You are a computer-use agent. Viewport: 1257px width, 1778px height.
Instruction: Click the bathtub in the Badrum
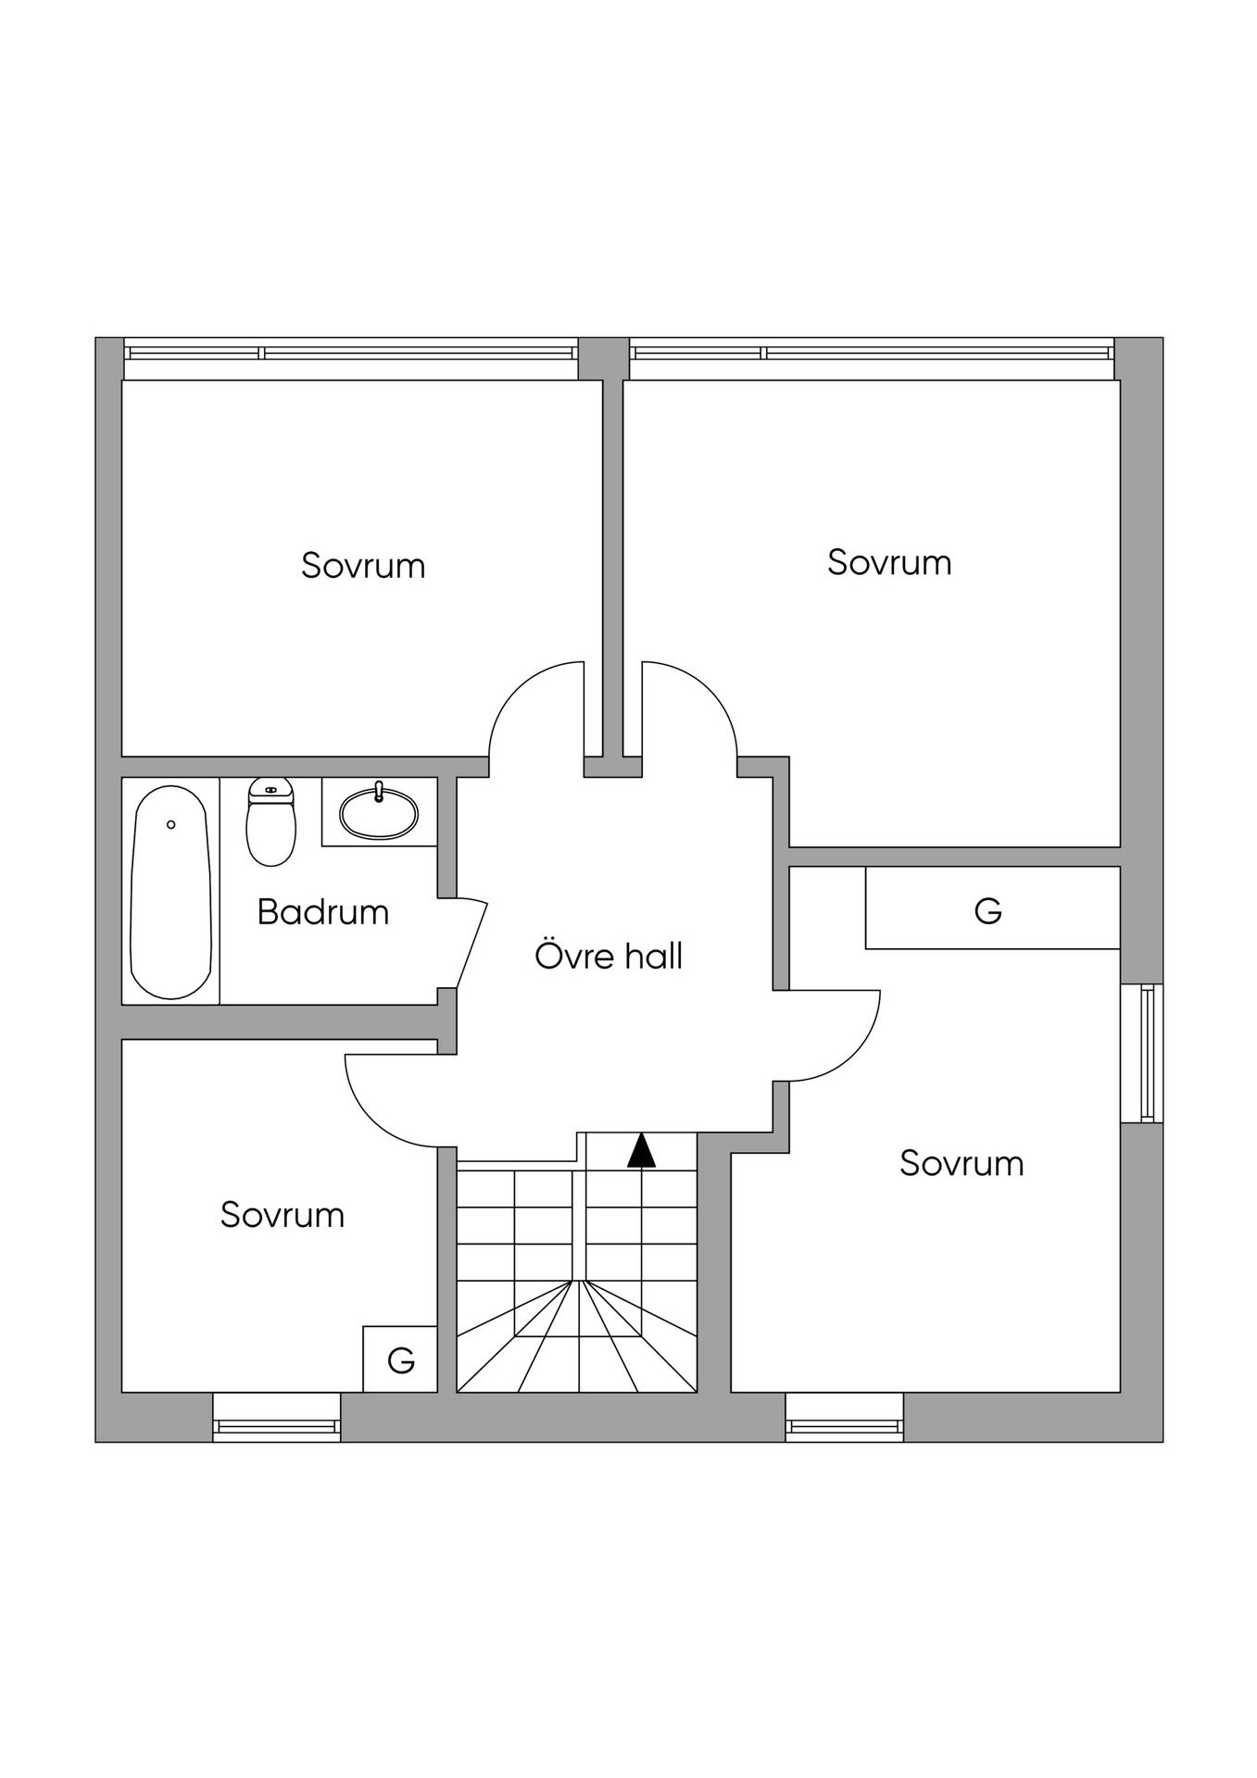coord(170,892)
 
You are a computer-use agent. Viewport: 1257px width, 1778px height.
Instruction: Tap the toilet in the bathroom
coord(270,821)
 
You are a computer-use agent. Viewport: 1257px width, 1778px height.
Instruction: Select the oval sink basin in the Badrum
coord(379,813)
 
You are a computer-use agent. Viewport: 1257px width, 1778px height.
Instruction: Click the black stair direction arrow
coord(641,1150)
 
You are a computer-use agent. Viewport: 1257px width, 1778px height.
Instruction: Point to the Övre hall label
coord(609,956)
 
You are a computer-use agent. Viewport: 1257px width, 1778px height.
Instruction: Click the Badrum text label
coord(322,913)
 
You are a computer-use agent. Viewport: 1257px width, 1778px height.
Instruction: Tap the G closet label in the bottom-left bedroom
coord(400,1360)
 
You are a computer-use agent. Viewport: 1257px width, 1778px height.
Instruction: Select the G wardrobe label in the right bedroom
coord(988,911)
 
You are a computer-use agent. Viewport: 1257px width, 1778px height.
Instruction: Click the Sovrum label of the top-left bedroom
coord(363,566)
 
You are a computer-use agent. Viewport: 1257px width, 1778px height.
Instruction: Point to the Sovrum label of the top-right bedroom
coord(889,563)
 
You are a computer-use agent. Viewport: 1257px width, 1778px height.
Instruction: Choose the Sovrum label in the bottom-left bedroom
coord(283,1215)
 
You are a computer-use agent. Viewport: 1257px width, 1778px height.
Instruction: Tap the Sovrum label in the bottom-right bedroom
coord(962,1163)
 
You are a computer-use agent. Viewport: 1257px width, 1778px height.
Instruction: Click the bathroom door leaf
coord(472,943)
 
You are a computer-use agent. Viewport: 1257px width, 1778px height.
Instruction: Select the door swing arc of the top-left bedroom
coord(519,689)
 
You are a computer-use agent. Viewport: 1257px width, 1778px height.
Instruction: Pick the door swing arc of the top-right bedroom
coord(709,689)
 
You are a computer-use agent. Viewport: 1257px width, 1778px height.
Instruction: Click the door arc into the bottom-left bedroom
coord(371,1120)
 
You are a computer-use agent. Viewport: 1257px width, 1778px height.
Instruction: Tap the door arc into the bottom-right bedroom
coord(853,1056)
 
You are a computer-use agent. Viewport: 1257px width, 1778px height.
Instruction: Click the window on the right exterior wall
coord(1141,1053)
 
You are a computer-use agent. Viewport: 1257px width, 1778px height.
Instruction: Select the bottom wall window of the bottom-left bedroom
coord(277,1417)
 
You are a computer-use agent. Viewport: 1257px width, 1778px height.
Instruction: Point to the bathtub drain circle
coord(170,824)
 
